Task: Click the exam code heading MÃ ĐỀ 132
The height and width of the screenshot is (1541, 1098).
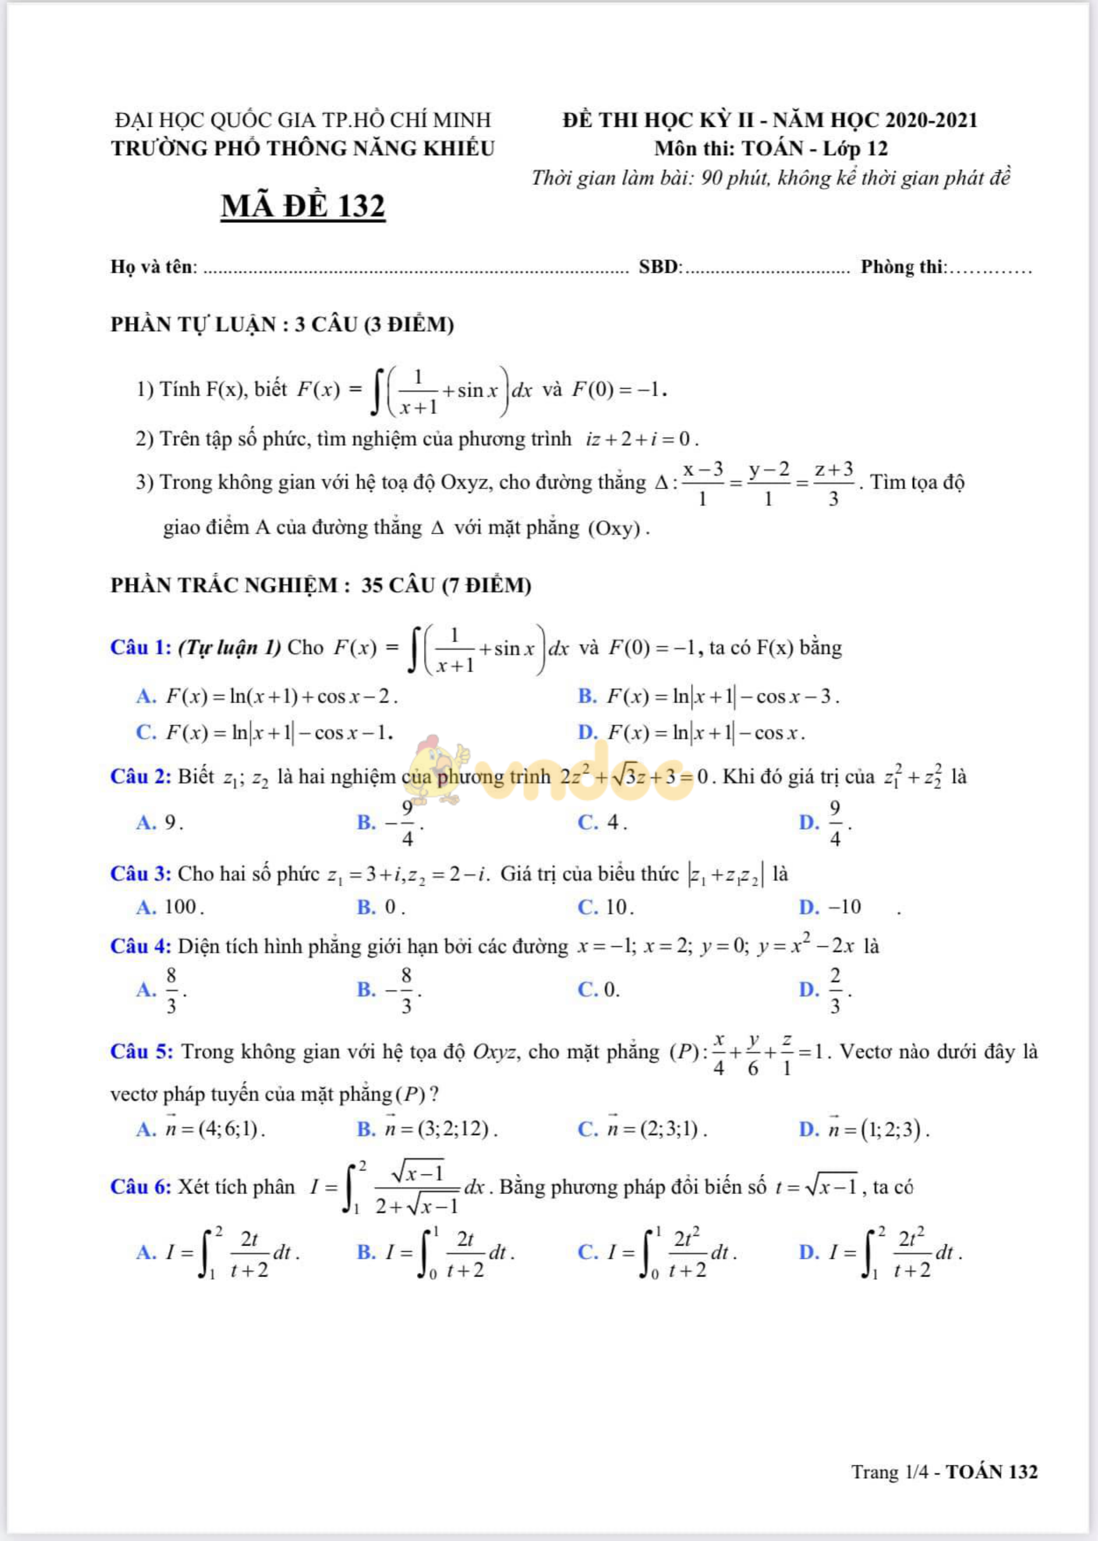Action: (x=303, y=206)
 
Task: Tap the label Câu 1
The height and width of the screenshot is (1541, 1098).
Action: (x=141, y=647)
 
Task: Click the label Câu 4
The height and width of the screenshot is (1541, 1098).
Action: (x=141, y=946)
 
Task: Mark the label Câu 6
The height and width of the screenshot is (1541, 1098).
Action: (x=141, y=1186)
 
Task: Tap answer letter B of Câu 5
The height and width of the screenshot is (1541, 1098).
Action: (x=366, y=1129)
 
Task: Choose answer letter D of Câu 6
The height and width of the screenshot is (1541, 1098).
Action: (x=808, y=1252)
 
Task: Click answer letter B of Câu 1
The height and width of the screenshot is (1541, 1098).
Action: (x=587, y=697)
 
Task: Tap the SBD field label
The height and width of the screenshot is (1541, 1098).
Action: (x=659, y=267)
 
